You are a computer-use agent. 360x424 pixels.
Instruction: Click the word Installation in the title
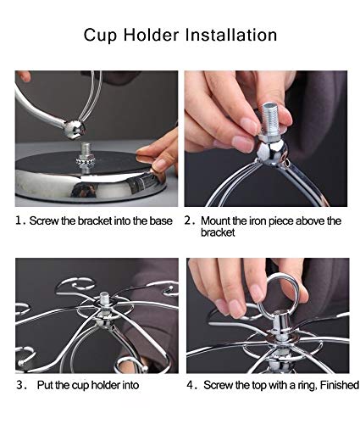tap(231, 35)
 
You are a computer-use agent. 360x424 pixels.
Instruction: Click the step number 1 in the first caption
tap(18, 220)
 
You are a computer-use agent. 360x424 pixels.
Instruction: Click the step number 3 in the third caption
tap(19, 385)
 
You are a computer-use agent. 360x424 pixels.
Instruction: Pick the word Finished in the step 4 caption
tap(340, 385)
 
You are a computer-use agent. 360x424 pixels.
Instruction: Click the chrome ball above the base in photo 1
tap(74, 129)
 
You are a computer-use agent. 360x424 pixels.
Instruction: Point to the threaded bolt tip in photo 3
tap(104, 298)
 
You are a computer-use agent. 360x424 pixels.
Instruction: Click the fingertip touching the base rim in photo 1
tap(159, 165)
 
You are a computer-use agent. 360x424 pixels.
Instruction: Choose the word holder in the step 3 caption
tap(106, 385)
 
